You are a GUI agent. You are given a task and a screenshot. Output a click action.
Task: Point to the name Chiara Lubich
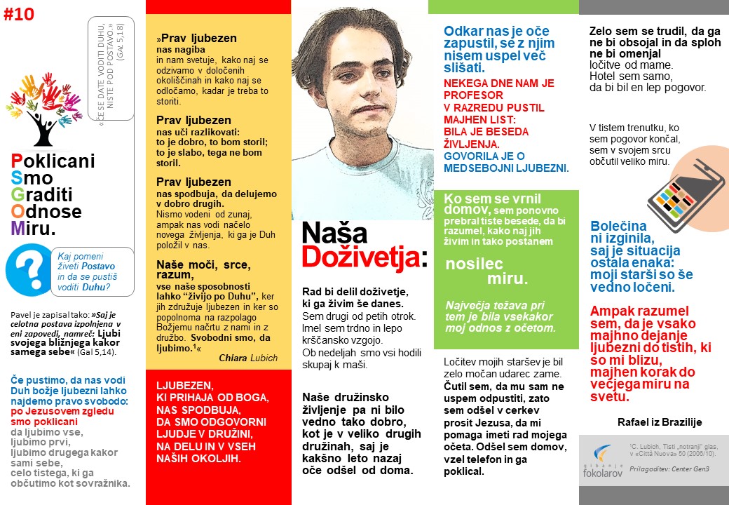[248, 358]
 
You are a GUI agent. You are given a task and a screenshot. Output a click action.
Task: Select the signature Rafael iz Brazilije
[660, 422]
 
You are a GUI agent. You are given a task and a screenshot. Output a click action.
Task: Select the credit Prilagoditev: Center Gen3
[669, 468]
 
